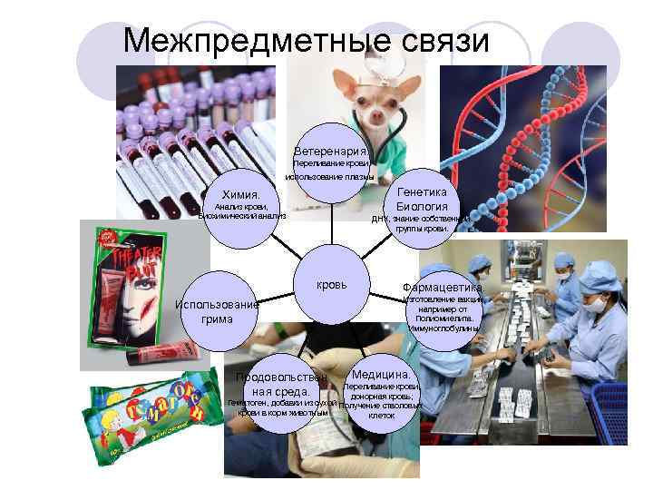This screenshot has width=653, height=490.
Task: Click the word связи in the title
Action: pyautogui.click(x=436, y=40)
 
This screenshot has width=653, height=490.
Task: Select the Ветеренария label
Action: pyautogui.click(x=331, y=150)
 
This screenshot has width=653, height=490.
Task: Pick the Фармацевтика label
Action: pyautogui.click(x=443, y=288)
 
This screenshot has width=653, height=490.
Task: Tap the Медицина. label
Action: pyautogui.click(x=381, y=374)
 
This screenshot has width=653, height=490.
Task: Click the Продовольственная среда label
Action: pyautogui.click(x=281, y=385)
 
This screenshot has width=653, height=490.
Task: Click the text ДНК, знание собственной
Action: pyautogui.click(x=422, y=219)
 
